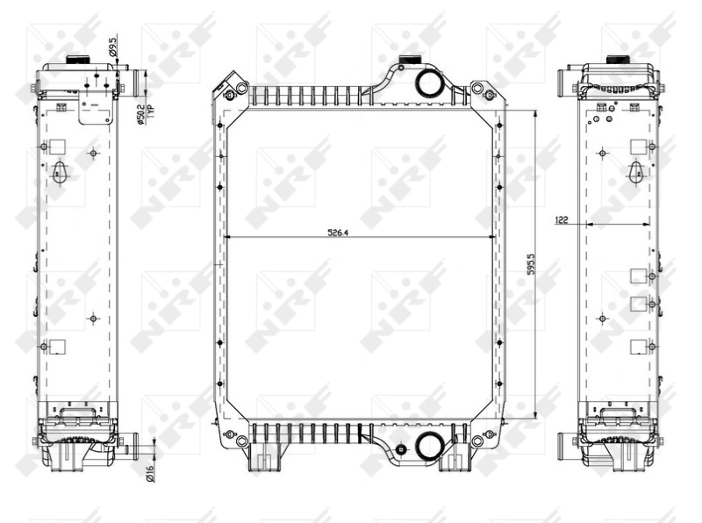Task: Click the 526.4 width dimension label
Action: tap(338, 233)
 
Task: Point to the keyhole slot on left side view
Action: tap(60, 171)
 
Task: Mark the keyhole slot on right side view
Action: tap(635, 173)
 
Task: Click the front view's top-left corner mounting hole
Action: tap(230, 94)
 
